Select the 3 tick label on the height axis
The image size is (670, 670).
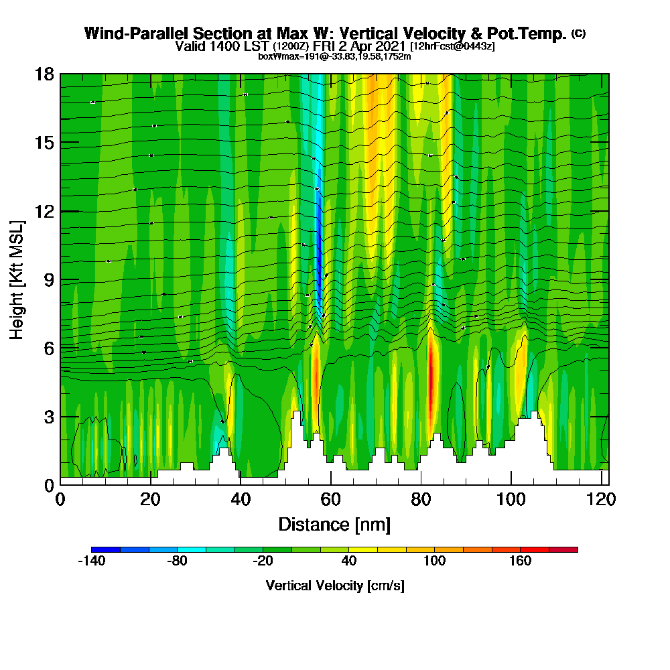tap(49, 417)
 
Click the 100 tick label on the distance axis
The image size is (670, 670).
tap(511, 500)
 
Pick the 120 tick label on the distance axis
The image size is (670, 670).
tap(601, 500)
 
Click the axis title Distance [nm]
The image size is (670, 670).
tap(334, 524)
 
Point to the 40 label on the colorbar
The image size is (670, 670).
tap(348, 561)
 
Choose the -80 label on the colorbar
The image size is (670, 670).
tap(177, 561)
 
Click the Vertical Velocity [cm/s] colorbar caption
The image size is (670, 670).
tap(334, 586)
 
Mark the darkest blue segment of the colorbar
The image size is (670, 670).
tap(106, 549)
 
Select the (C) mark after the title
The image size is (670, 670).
tap(578, 33)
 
